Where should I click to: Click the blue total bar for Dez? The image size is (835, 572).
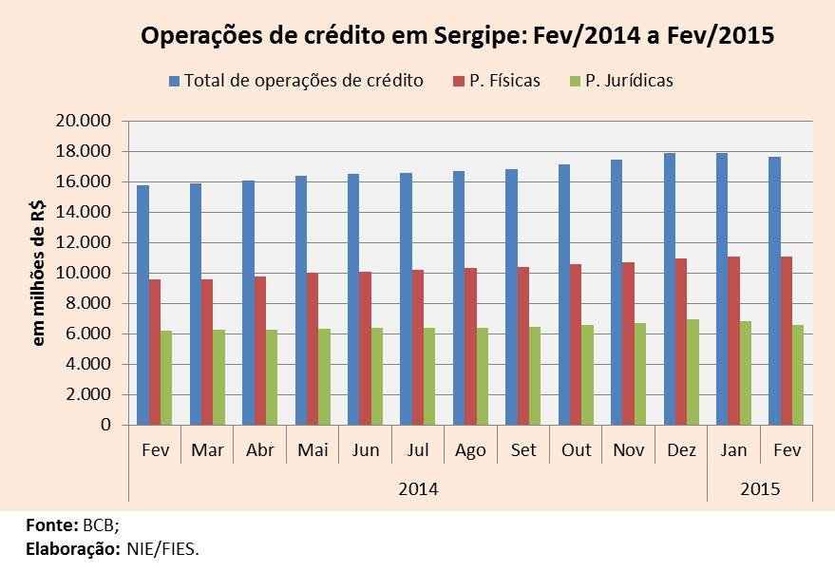[671, 289]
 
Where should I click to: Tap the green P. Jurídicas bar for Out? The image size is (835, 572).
[589, 374]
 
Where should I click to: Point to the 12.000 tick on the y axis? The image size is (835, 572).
[85, 242]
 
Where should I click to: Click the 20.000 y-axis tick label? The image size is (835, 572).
[85, 121]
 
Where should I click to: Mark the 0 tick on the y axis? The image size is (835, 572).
[105, 425]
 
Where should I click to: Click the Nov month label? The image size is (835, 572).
[627, 450]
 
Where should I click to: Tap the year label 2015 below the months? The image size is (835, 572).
[760, 489]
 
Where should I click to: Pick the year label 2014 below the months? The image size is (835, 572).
[418, 489]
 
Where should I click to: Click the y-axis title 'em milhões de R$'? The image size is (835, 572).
[39, 273]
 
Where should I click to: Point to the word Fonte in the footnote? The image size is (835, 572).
[50, 524]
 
